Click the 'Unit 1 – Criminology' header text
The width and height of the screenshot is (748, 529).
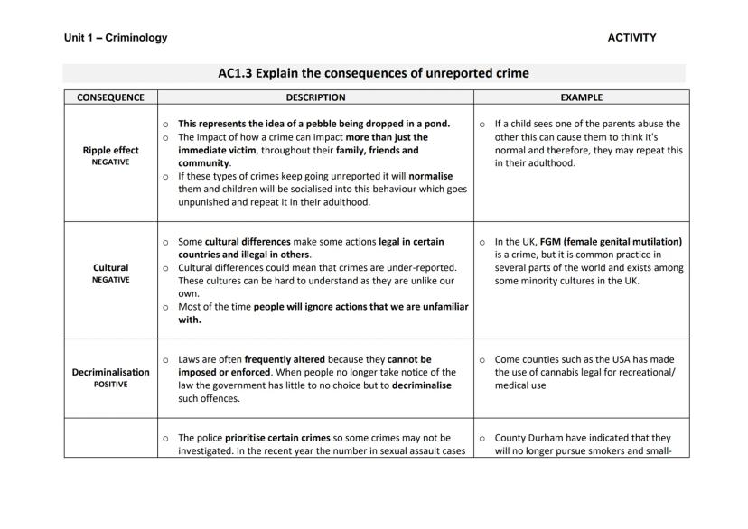(x=116, y=38)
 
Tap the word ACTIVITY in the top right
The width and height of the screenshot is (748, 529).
(x=631, y=38)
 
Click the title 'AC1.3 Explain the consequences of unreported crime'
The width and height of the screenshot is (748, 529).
(x=373, y=73)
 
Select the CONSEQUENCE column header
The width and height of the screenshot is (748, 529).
(x=110, y=97)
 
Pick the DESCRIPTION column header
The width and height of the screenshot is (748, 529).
(x=315, y=97)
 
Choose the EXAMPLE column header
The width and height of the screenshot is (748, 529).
(x=581, y=97)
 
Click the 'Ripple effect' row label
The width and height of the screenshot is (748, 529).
(x=110, y=150)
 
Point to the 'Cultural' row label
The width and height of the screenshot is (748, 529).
(x=110, y=267)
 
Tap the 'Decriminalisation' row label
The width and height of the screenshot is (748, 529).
(x=110, y=372)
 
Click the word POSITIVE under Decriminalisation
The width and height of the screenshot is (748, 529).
(x=110, y=385)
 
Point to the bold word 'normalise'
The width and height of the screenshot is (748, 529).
(x=430, y=176)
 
